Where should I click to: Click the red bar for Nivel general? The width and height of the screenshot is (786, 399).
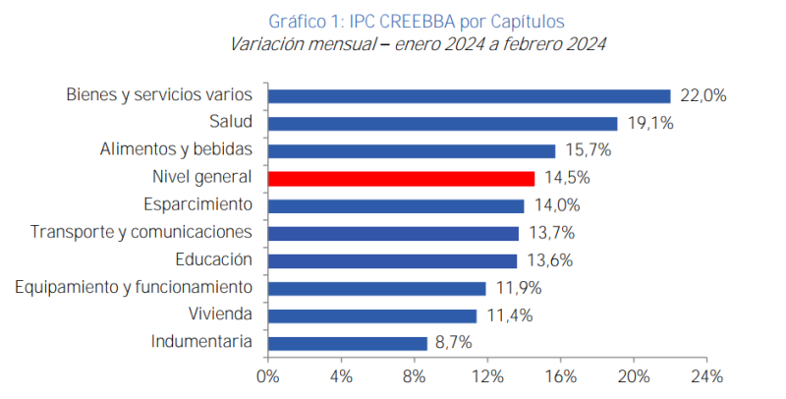pyautogui.click(x=401, y=178)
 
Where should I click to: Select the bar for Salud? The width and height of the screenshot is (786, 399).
pyautogui.click(x=442, y=123)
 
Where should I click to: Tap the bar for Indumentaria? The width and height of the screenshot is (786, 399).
pyautogui.click(x=348, y=343)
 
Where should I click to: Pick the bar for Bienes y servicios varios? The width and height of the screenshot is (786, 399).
pyautogui.click(x=469, y=95)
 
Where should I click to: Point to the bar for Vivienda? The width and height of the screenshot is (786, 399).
pyautogui.click(x=372, y=315)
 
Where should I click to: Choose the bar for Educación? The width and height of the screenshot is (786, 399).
pyautogui.click(x=392, y=260)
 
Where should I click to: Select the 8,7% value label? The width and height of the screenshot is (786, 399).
pyautogui.click(x=454, y=343)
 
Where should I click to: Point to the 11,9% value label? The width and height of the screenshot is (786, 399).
pyautogui.click(x=514, y=288)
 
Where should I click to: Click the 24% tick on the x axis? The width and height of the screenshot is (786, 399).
pyautogui.click(x=707, y=376)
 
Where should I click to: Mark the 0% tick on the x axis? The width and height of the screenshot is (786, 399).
pyautogui.click(x=267, y=376)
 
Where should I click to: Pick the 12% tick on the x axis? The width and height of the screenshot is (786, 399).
pyautogui.click(x=487, y=376)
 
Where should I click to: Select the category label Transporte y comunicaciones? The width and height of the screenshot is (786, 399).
pyautogui.click(x=141, y=232)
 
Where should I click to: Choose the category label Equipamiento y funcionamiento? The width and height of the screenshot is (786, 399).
pyautogui.click(x=134, y=287)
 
